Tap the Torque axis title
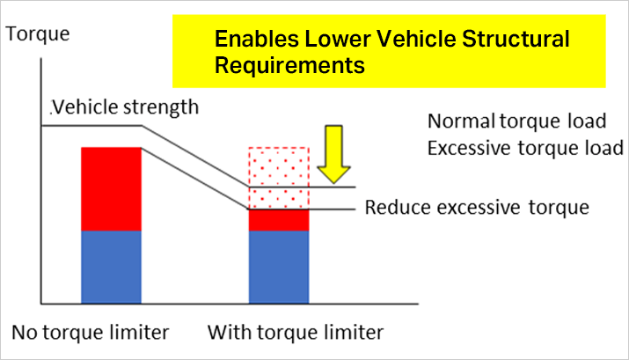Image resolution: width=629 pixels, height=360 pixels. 38,35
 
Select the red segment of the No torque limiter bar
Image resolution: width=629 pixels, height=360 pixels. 111,188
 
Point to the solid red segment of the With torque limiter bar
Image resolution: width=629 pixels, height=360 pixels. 279,219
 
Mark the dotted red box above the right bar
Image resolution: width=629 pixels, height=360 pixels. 279,177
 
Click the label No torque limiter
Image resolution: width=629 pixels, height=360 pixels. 90,333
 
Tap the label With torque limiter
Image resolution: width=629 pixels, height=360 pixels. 296,333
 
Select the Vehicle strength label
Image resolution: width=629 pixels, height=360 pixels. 125,107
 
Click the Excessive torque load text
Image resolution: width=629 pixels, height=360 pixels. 525,146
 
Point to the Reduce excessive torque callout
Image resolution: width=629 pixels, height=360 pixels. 476,209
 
